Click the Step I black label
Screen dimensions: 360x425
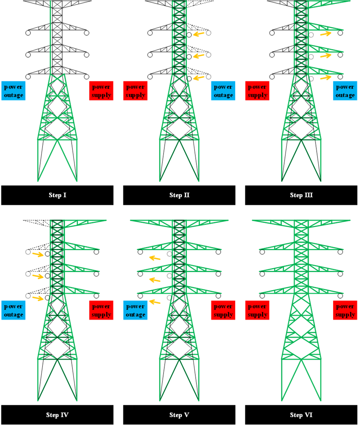57,195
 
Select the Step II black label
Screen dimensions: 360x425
179,195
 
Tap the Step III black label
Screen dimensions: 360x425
301,195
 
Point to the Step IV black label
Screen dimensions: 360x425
57,415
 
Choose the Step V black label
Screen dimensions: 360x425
179,415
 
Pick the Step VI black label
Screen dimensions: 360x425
301,415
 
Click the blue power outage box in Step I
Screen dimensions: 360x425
13,91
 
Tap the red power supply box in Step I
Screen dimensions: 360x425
101,91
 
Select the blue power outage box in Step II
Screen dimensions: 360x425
223,91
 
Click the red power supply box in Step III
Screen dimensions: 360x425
257,91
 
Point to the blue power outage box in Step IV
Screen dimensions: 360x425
13,310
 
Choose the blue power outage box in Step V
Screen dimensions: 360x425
136,310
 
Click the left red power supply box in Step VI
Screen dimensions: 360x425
257,310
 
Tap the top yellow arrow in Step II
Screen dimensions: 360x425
199,34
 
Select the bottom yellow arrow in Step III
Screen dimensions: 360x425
326,78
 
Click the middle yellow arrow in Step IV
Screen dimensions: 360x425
38,276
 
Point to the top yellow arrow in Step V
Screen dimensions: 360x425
155,258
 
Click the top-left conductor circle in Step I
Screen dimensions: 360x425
28,33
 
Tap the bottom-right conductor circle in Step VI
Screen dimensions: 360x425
340,296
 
